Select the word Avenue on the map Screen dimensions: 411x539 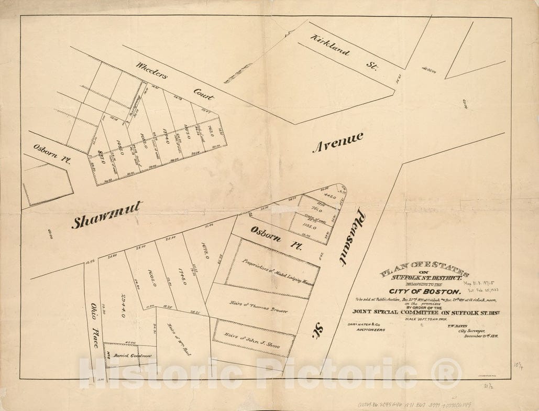(338, 142)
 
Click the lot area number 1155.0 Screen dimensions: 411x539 (307, 229)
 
